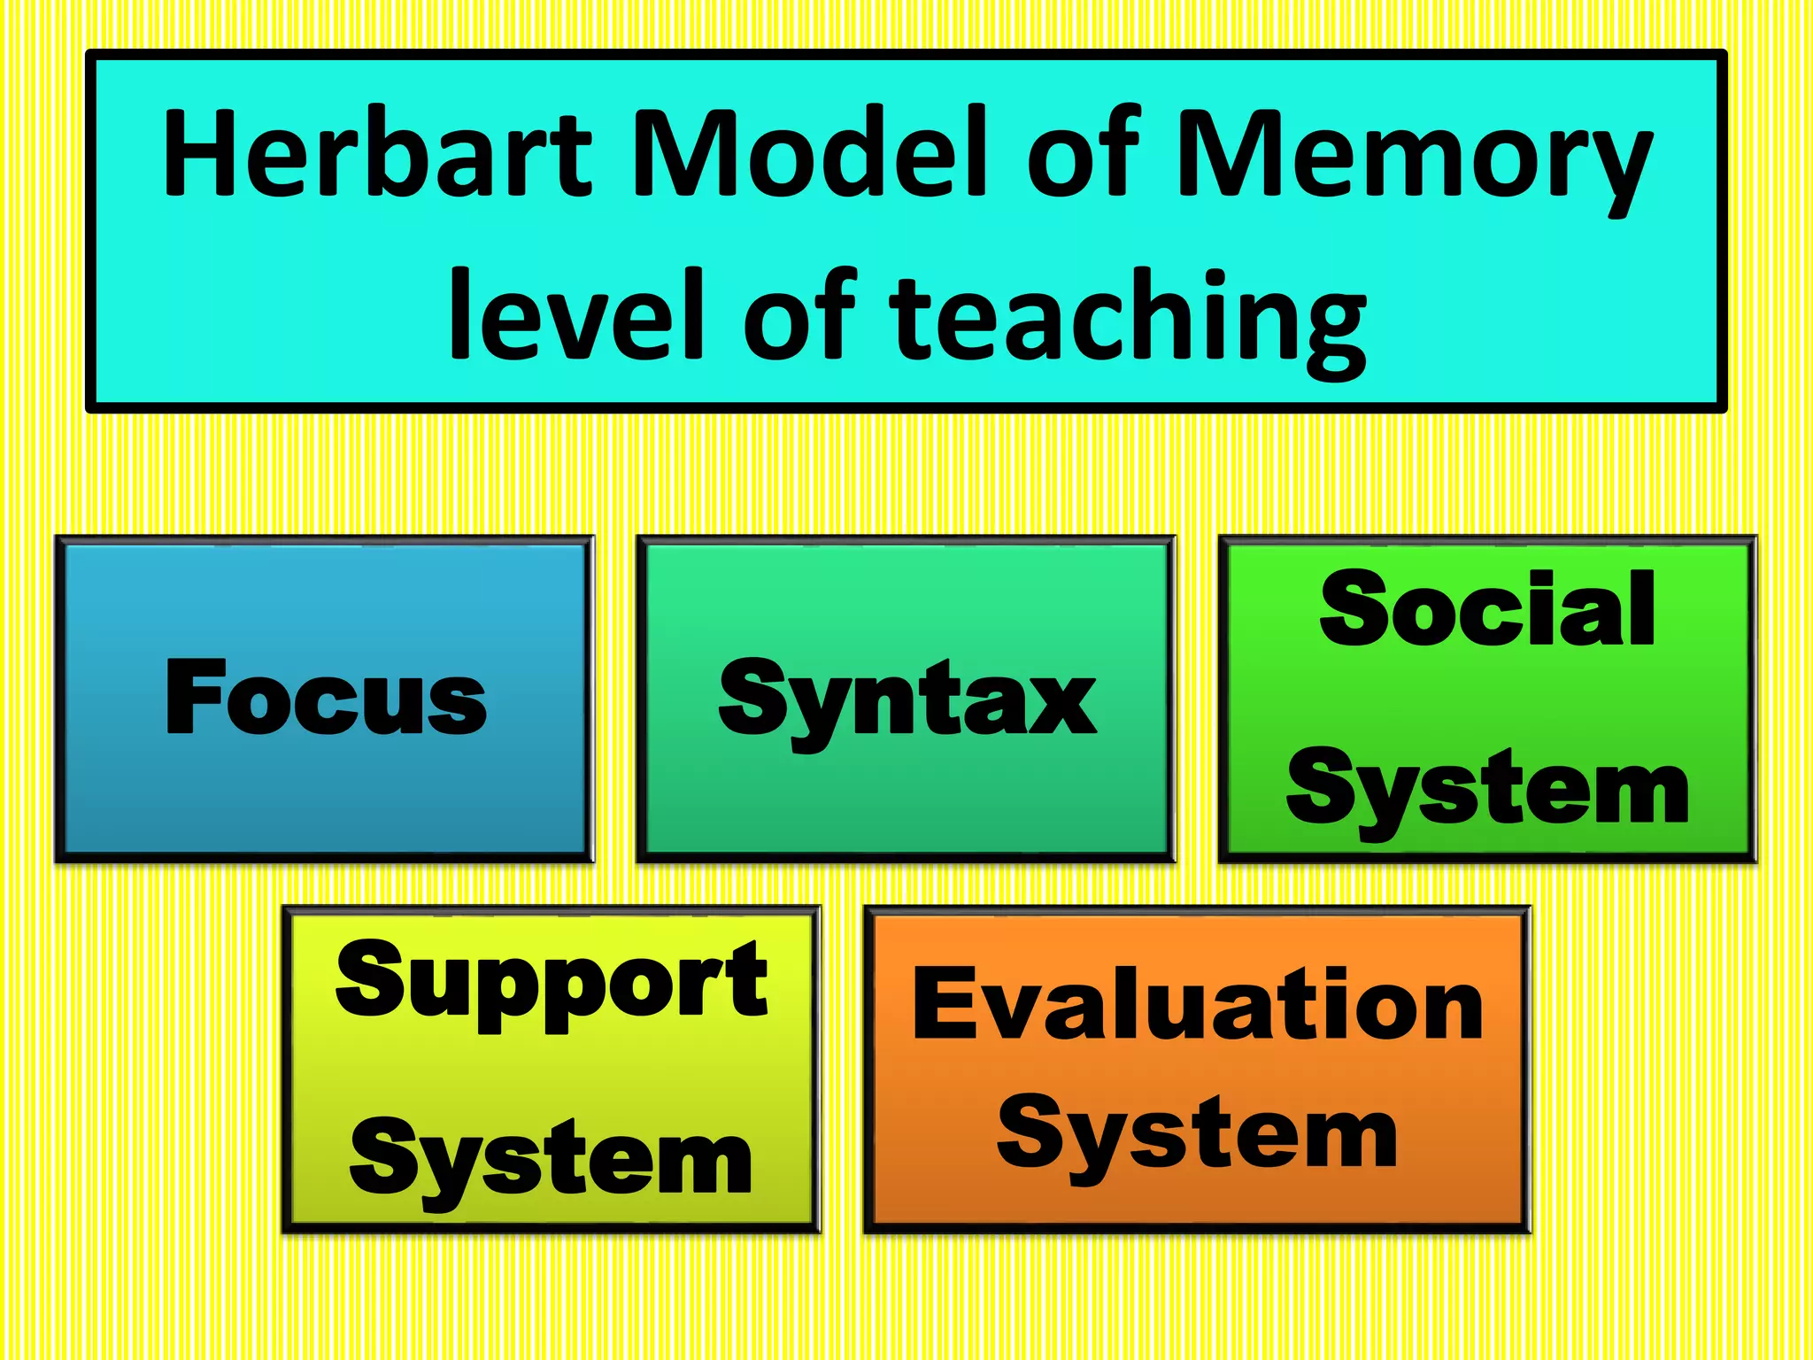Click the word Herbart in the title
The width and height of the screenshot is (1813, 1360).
click(x=377, y=152)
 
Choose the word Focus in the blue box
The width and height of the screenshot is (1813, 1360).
click(x=326, y=698)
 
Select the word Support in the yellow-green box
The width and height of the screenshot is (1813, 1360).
click(x=552, y=983)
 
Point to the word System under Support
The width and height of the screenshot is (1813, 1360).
click(x=552, y=1160)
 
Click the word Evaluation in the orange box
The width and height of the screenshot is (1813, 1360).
click(x=1198, y=1005)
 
